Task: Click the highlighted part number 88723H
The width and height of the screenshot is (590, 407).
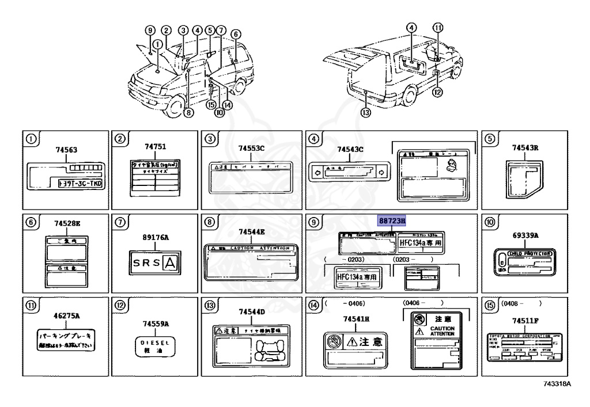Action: click(x=392, y=220)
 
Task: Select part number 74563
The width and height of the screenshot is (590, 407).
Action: click(x=66, y=150)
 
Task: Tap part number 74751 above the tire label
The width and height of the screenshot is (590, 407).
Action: click(x=153, y=147)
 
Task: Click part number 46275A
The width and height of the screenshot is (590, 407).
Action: click(x=66, y=316)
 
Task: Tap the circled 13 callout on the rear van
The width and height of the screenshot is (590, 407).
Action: click(x=365, y=113)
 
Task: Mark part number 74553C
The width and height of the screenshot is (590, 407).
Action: click(x=252, y=149)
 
